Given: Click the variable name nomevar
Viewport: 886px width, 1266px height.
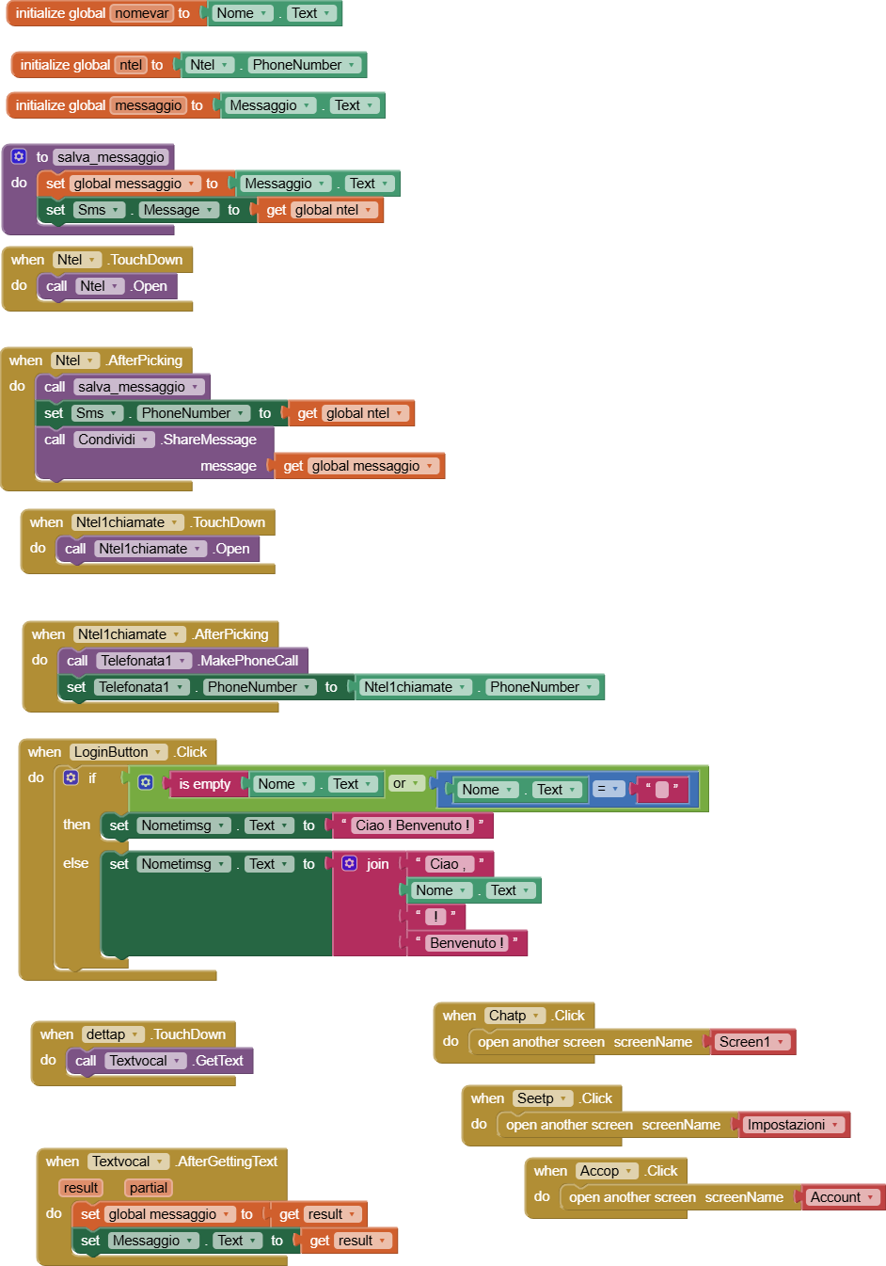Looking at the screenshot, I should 142,13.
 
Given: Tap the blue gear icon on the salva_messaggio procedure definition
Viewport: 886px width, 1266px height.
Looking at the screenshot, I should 19,156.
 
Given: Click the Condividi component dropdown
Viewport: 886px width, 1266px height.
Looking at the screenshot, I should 114,440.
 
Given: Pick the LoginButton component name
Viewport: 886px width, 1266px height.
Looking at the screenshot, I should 118,752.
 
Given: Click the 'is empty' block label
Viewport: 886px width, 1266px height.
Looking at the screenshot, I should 204,784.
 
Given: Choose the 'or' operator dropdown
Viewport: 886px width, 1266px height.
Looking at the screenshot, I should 405,783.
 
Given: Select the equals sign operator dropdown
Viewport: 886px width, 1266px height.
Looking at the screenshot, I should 608,790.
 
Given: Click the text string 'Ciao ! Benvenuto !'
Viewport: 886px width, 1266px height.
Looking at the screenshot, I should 412,825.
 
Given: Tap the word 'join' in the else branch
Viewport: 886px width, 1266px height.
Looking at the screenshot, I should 377,864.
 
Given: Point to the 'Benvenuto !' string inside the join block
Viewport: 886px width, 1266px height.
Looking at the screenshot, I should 467,943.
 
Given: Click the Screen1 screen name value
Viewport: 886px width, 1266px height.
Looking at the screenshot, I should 751,1042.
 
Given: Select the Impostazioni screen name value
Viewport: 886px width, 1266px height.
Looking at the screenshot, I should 793,1125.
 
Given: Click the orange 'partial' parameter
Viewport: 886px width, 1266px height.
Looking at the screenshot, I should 149,1188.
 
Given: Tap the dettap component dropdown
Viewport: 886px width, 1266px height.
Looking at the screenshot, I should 112,1034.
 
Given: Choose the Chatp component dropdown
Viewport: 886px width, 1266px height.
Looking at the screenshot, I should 514,1016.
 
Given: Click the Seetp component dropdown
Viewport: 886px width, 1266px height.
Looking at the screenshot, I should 542,1098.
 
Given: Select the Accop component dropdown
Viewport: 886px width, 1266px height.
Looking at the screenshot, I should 606,1171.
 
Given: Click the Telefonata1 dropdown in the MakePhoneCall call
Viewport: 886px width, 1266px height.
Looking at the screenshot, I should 143,661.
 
